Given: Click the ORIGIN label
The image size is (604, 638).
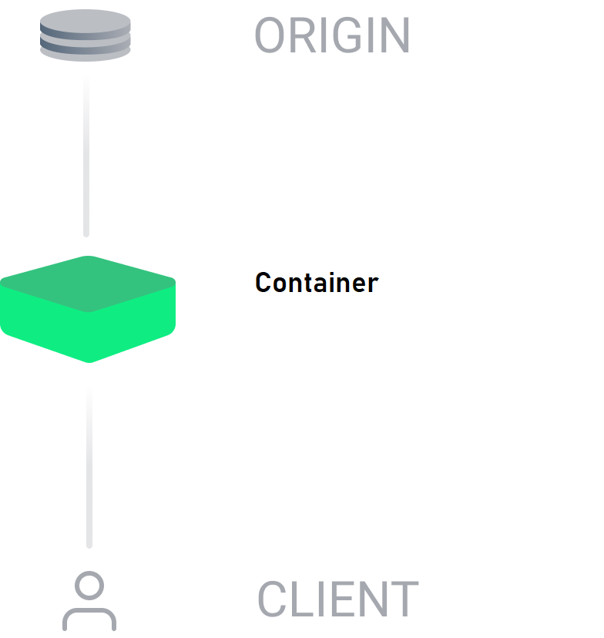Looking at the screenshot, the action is coord(332,35).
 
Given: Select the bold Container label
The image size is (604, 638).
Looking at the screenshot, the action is coord(317,282).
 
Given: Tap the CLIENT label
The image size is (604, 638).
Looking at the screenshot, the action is coord(337,599).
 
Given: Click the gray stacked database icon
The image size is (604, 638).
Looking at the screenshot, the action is coord(86,35).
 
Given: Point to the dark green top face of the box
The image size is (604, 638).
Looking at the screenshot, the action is coord(88,284).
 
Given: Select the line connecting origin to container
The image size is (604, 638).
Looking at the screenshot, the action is coord(86,156).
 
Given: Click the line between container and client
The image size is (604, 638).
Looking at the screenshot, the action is coord(89,467).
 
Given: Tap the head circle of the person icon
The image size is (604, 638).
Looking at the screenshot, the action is coord(89,586).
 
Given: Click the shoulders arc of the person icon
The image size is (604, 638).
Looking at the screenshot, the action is coord(89,611).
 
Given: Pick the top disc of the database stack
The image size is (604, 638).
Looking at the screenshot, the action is coord(86,21).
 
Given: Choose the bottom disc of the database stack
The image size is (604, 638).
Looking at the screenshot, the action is coord(86,53).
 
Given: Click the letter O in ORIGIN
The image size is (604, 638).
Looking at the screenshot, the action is coord(270,35).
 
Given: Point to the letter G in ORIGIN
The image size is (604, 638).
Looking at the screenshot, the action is coord(348,35).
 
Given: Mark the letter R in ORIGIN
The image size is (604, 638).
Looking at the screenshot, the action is coord(303,35).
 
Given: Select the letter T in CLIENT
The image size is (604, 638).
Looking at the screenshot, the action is coord(404,599).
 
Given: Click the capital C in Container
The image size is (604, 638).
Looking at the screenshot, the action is coord(263,282).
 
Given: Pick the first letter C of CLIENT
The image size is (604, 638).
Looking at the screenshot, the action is coord(272,599).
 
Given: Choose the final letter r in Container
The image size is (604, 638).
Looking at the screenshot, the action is coord(373,285).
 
